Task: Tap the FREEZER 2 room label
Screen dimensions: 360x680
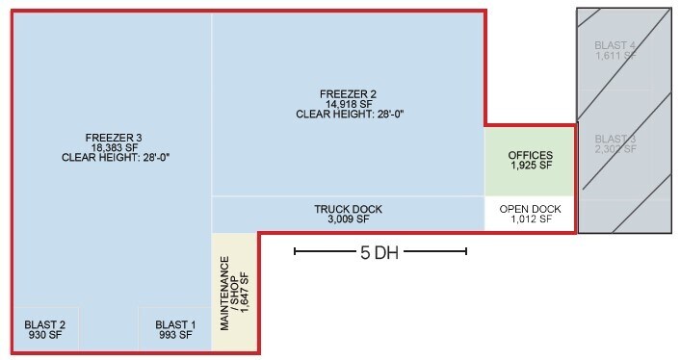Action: (349, 93)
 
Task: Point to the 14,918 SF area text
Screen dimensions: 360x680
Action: (349, 104)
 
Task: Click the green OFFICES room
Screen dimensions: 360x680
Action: (530, 161)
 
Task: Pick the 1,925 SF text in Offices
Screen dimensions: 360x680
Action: (532, 166)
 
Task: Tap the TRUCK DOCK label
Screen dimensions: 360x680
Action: (349, 209)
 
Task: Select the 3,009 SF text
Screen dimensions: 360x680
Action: (349, 219)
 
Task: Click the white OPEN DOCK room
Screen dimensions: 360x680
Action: (530, 214)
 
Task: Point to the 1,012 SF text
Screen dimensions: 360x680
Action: (532, 219)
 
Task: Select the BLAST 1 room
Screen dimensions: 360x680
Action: (174, 329)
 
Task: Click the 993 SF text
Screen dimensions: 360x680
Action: (175, 336)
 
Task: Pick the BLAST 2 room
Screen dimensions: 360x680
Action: (45, 329)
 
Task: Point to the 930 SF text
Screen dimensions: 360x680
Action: (45, 336)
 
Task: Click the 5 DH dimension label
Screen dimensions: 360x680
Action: (379, 253)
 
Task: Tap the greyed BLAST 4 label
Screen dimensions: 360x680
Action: (615, 44)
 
